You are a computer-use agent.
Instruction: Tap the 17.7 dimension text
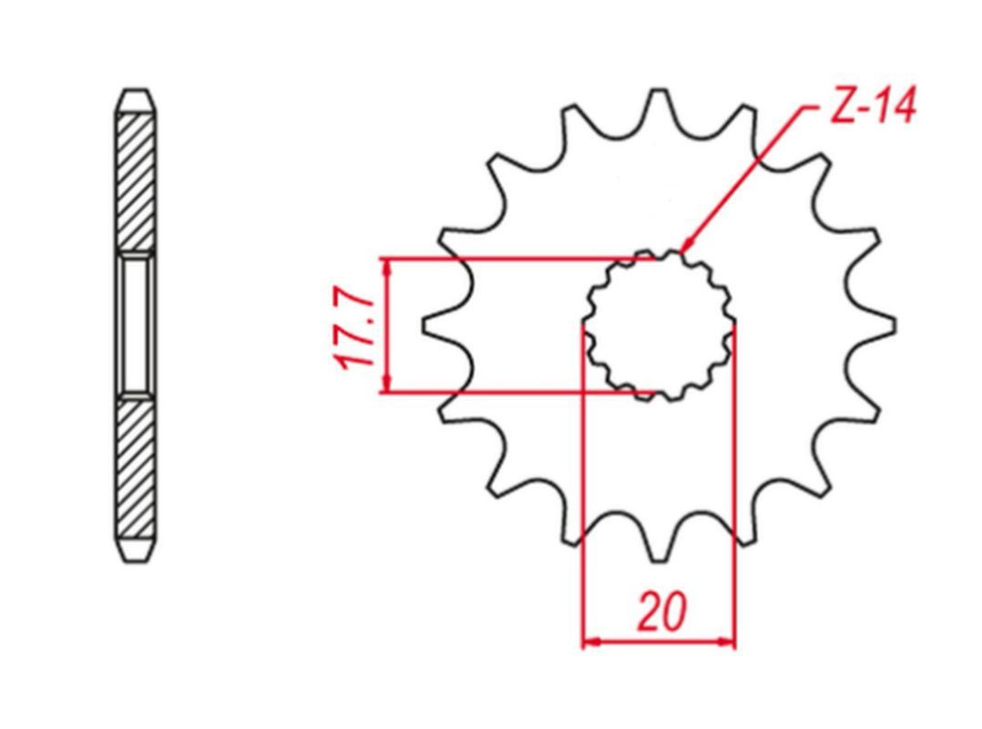353,325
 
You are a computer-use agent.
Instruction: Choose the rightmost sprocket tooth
877,325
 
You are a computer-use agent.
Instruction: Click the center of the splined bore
659,325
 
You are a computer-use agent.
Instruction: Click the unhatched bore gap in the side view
136,324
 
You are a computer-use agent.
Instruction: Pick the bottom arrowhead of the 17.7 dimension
388,383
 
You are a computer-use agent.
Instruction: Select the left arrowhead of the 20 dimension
592,642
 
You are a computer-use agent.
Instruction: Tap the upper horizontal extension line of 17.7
519,258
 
